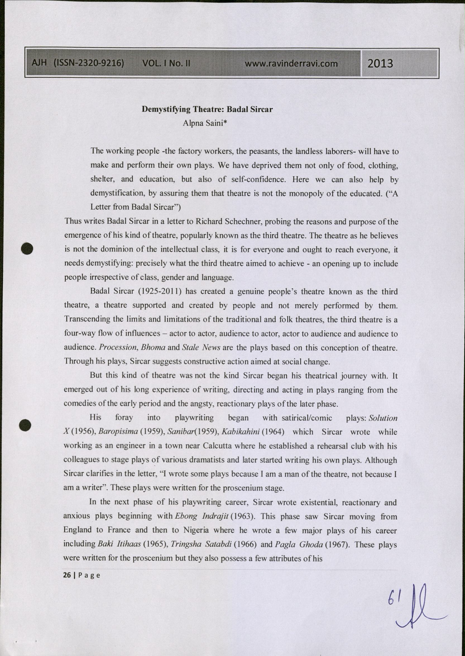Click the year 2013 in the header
(x=380, y=63)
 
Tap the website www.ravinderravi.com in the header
(x=291, y=63)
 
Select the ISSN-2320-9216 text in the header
(x=89, y=63)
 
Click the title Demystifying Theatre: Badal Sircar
(x=207, y=109)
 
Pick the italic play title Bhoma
(x=153, y=347)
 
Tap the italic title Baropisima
(x=118, y=432)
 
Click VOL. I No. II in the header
(x=166, y=63)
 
